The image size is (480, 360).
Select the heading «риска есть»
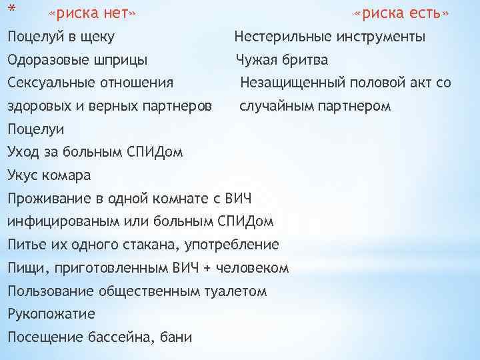(x=401, y=14)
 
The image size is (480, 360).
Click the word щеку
(x=96, y=37)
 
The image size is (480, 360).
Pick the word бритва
(x=305, y=60)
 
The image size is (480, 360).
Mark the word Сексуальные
(x=51, y=83)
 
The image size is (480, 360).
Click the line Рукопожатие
(x=51, y=314)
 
